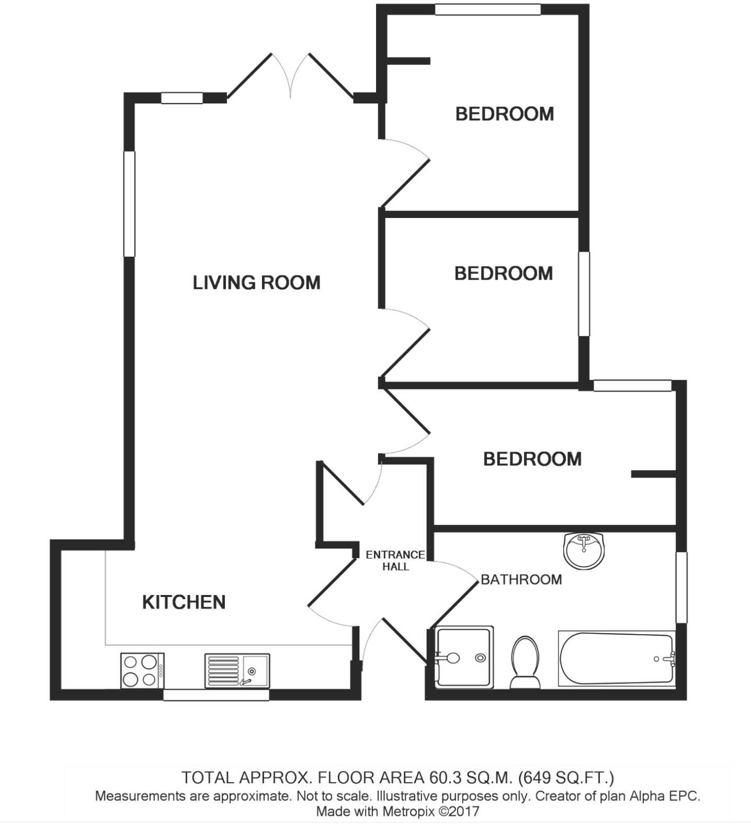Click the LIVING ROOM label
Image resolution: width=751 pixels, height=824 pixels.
click(x=256, y=283)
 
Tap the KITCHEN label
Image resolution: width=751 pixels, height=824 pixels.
click(x=184, y=602)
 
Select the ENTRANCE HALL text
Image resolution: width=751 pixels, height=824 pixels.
click(x=395, y=560)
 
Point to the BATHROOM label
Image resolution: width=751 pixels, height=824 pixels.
click(x=521, y=579)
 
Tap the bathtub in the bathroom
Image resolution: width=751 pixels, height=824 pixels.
click(x=616, y=659)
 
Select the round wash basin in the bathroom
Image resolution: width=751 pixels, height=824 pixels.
click(x=584, y=550)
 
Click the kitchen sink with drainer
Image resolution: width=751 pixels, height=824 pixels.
click(x=237, y=670)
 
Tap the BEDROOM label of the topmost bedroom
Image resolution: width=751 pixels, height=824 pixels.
click(x=505, y=114)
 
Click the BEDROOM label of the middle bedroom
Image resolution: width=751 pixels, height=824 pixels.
click(x=504, y=273)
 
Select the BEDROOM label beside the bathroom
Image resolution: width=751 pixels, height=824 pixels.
click(x=532, y=459)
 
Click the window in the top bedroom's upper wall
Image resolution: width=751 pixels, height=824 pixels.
click(x=487, y=9)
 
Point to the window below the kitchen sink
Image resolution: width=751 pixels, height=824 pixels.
click(x=216, y=695)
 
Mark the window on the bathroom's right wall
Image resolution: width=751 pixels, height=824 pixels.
click(x=681, y=587)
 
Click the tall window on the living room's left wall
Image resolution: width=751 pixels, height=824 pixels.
click(x=129, y=204)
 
